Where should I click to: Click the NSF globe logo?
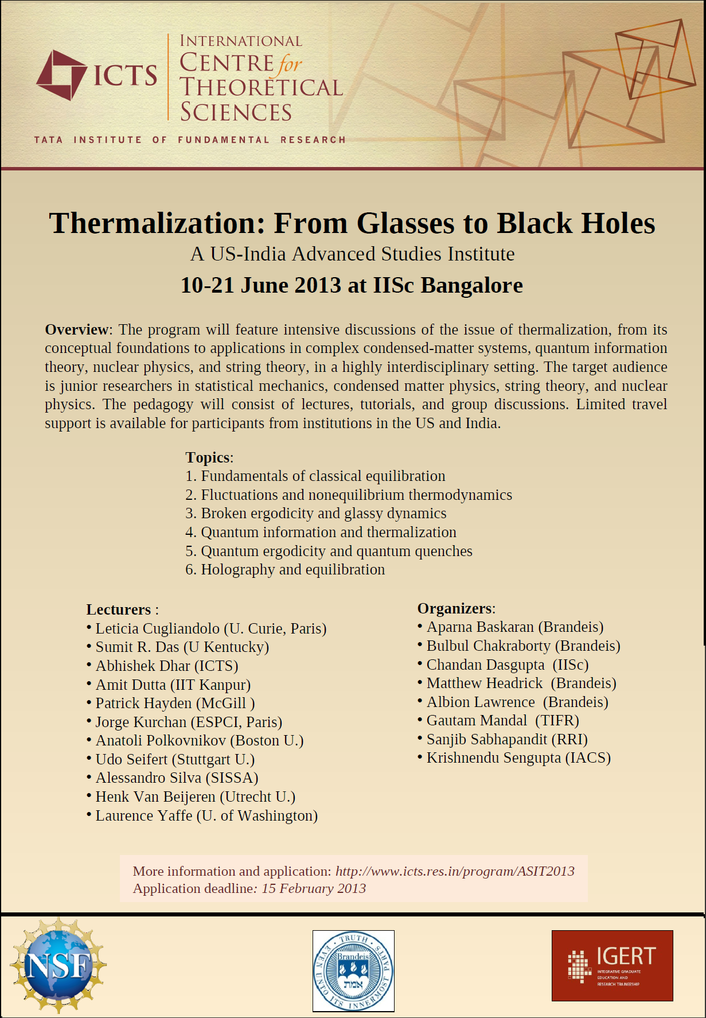pos(58,965)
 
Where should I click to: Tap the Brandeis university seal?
pos(353,970)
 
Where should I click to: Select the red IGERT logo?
pos(612,965)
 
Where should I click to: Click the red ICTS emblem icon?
pos(61,75)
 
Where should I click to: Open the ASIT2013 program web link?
pos(455,871)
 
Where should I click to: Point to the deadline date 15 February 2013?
pos(314,888)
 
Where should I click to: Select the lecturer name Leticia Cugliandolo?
pos(157,628)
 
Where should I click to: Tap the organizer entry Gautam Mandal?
pos(477,720)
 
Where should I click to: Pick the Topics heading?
pos(208,457)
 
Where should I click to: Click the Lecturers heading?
pos(119,609)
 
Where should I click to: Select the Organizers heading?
pos(455,608)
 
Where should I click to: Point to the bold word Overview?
pos(76,329)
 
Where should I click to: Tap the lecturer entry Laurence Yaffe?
pos(143,815)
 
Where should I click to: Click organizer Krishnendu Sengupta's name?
pos(494,757)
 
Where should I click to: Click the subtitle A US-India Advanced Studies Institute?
pos(352,254)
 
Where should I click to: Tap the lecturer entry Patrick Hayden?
pos(143,703)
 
